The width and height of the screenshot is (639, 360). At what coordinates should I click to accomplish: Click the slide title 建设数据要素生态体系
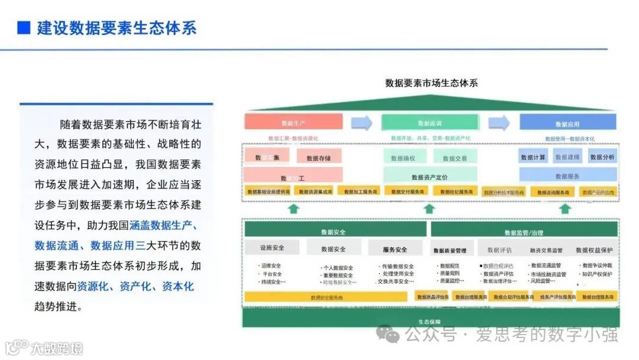[x=117, y=27]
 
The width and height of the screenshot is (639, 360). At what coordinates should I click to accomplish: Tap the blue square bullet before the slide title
[x=24, y=27]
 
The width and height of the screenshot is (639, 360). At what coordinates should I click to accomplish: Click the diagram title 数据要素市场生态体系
[x=431, y=83]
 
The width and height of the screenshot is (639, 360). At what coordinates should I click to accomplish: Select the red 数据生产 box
[x=294, y=122]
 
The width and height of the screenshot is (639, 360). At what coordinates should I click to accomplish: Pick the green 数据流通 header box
[x=430, y=123]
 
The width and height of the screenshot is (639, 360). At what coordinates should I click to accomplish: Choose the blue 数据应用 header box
[x=567, y=123]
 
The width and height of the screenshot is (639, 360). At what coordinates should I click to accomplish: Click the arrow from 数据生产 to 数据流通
[x=362, y=123]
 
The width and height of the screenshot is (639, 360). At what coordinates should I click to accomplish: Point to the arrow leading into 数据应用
[x=499, y=123]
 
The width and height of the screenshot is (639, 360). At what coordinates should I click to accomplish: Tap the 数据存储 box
[x=318, y=157]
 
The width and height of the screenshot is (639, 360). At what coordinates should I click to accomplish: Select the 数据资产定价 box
[x=430, y=176]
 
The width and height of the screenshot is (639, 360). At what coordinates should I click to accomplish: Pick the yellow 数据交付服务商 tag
[x=405, y=191]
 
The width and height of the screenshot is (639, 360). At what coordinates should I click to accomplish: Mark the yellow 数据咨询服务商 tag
[x=553, y=192]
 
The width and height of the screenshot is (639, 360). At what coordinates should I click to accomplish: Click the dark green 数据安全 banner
[x=334, y=232]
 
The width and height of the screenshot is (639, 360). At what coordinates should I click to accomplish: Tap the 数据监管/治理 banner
[x=524, y=232]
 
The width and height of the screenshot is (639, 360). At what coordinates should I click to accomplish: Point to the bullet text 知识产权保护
[x=597, y=274]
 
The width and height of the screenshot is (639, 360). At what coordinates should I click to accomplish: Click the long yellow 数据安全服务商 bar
[x=327, y=297]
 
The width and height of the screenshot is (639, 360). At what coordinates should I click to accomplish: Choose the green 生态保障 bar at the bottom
[x=430, y=320]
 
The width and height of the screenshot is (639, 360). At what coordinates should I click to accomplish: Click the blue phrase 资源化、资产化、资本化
[x=135, y=287]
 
